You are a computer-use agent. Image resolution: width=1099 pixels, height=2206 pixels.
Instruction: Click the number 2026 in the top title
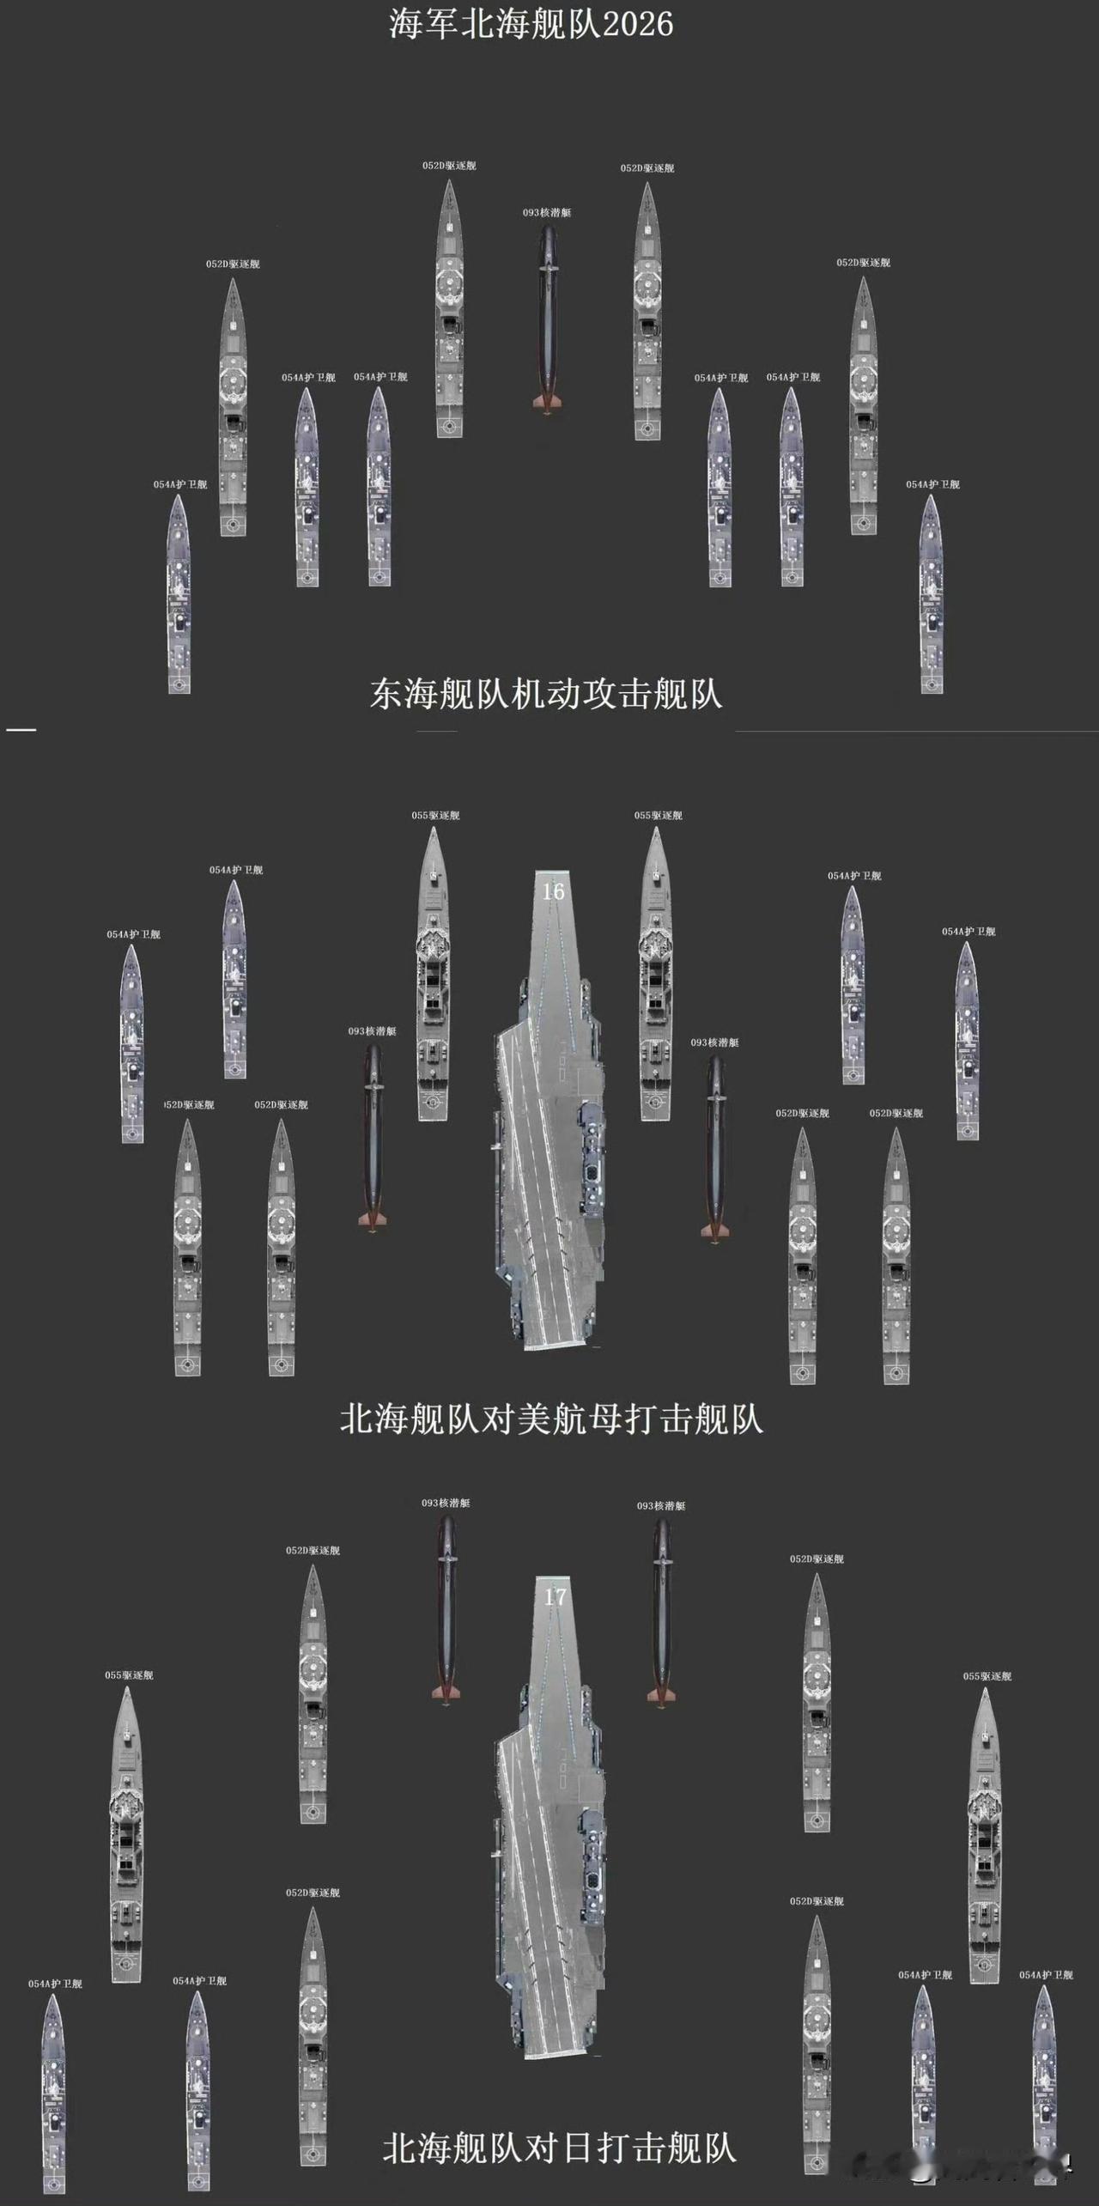coord(637,24)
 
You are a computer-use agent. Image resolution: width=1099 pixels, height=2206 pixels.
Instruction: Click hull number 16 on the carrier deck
coord(553,891)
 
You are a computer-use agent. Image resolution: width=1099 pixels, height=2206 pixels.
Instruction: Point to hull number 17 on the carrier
coord(556,1597)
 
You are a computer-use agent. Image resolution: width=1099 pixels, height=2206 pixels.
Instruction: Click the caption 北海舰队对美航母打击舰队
coord(551,1419)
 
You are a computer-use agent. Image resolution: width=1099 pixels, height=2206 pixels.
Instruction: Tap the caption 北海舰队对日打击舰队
coord(560,2148)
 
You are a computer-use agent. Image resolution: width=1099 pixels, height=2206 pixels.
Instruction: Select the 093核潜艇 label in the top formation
coord(547,212)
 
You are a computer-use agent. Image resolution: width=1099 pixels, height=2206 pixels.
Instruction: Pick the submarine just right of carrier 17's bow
coord(661,1610)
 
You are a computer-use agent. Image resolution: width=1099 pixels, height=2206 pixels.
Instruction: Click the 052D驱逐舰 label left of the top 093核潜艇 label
coord(449,166)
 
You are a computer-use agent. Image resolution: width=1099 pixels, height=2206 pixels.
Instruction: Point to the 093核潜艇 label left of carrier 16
coord(373,1031)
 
